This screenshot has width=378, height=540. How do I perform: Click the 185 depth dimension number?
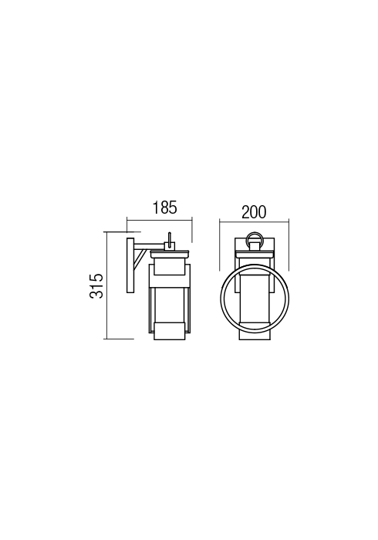(x=164, y=208)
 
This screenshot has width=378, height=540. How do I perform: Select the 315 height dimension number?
(x=97, y=286)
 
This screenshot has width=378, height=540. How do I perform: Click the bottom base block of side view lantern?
(x=169, y=329)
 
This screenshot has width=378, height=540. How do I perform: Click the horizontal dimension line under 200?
(x=254, y=223)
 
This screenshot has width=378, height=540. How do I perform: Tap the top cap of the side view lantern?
(x=170, y=252)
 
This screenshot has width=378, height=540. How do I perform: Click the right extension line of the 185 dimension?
(x=192, y=231)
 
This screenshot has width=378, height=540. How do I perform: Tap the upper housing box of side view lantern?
(x=170, y=267)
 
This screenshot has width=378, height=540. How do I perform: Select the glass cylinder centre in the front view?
(x=254, y=297)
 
